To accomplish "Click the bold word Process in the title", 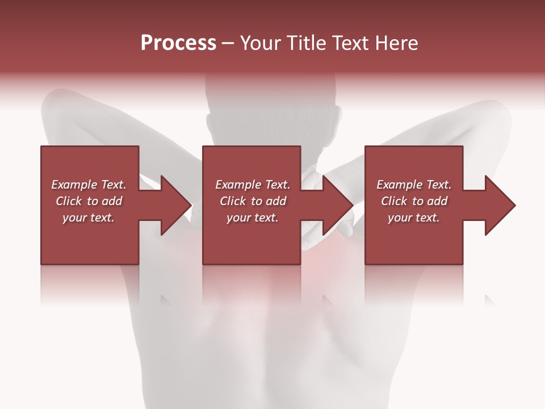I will coord(178,43).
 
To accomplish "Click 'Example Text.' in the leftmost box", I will coord(89,185).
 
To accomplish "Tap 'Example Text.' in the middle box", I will coord(253,185).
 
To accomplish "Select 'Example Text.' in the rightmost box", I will coord(414,185).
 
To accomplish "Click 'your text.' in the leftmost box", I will coord(89,218).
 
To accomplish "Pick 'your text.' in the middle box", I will coord(253,218).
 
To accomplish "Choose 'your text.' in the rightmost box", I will coord(414,218).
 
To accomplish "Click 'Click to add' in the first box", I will coord(89,201).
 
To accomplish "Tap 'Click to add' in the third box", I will coord(414,201).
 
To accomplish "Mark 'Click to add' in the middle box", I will coord(253,201).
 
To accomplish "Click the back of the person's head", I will coord(272,114).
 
